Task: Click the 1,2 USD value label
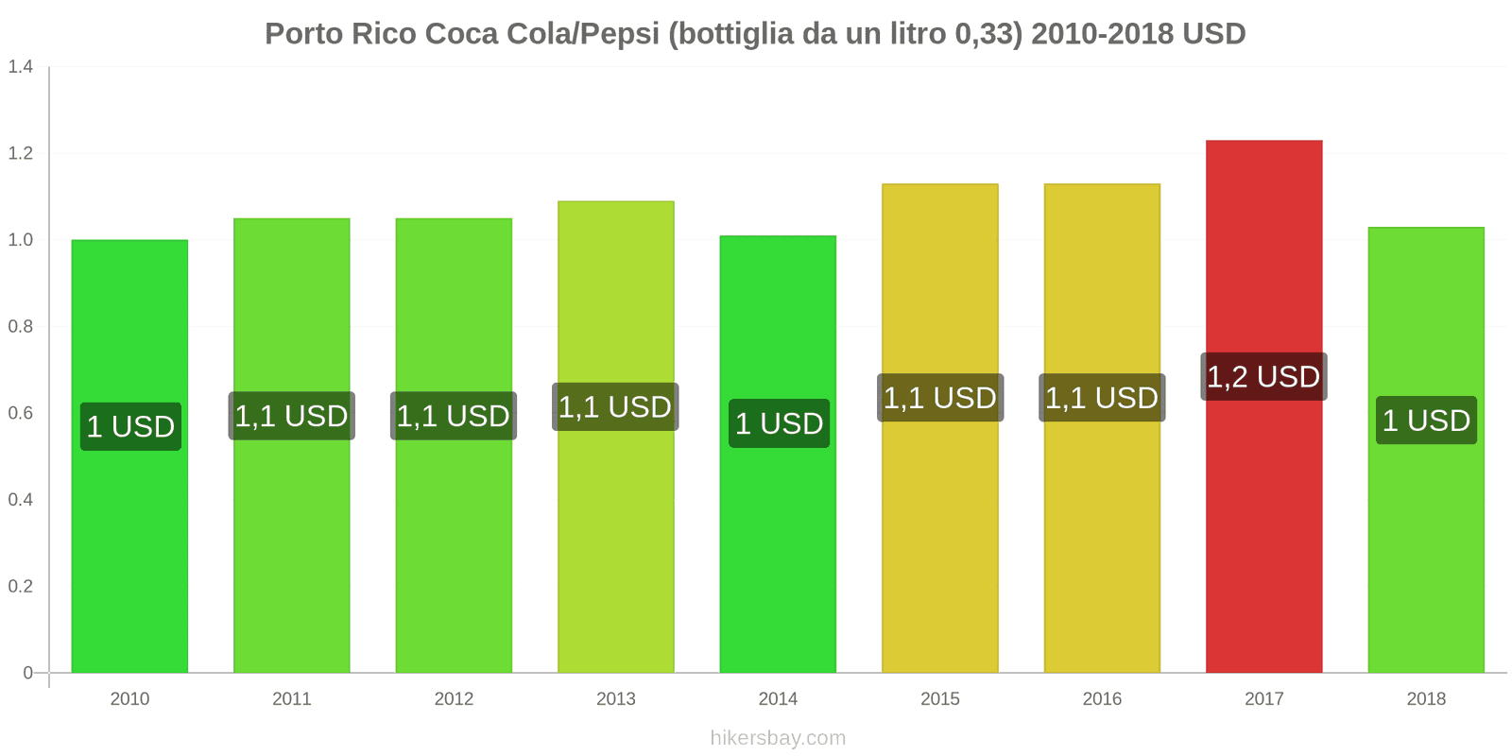pyautogui.click(x=1263, y=377)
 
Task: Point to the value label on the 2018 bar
pyautogui.click(x=1426, y=421)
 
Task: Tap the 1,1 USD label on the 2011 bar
pyautogui.click(x=291, y=416)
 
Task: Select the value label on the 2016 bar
pyautogui.click(x=1102, y=398)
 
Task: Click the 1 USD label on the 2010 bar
pyautogui.click(x=130, y=427)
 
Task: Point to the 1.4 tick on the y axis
pyautogui.click(x=21, y=66)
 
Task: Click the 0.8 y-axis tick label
pyautogui.click(x=21, y=327)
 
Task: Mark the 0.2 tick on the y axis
pyautogui.click(x=21, y=587)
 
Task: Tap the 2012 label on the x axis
pyautogui.click(x=454, y=699)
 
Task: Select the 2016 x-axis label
pyautogui.click(x=1102, y=699)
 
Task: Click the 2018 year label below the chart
pyautogui.click(x=1426, y=699)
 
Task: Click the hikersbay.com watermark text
pyautogui.click(x=778, y=738)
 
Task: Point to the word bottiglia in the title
pyautogui.click(x=732, y=34)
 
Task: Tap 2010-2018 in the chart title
pyautogui.click(x=1102, y=34)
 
